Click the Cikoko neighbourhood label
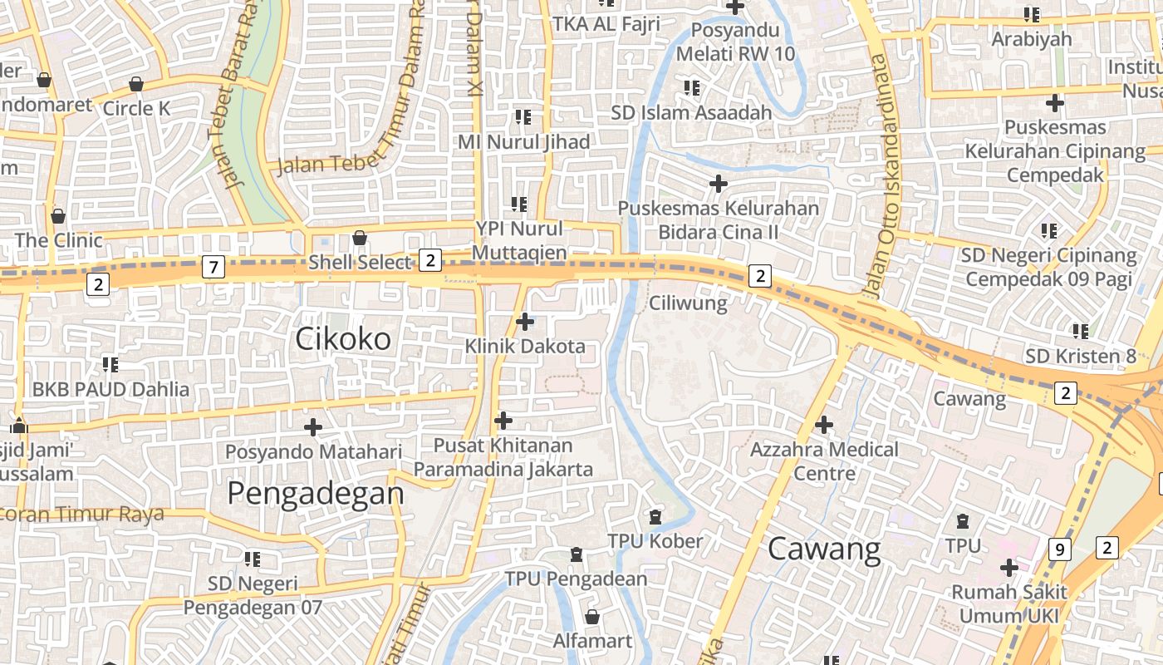[x=343, y=338]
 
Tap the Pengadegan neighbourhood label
[x=316, y=493]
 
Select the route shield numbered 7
[x=213, y=267]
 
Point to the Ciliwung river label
[x=688, y=303]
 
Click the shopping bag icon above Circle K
[x=136, y=84]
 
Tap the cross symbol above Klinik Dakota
[x=525, y=321]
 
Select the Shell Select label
[x=360, y=263]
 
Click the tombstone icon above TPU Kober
[x=655, y=516]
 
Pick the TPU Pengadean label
[x=576, y=579]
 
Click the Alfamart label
[x=593, y=641]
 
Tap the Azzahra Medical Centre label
[x=824, y=461]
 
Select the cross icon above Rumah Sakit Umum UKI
[x=1009, y=568]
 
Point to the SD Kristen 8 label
[x=1080, y=357]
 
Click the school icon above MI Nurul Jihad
[x=523, y=117]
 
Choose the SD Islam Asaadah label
[x=691, y=112]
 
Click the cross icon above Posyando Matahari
[x=313, y=427]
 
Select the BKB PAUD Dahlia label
[x=110, y=389]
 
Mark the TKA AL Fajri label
[x=606, y=24]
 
